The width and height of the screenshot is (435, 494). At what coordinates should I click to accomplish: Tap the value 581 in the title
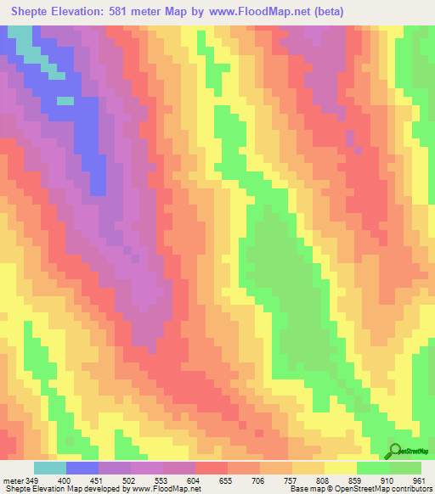coord(123,12)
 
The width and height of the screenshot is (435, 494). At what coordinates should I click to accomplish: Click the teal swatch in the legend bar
coord(50,469)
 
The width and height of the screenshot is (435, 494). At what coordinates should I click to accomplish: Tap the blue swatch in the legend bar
coord(82,469)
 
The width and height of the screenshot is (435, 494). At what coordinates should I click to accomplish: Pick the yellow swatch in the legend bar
coord(340,469)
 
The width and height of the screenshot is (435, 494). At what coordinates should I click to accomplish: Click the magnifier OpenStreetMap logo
coord(396,450)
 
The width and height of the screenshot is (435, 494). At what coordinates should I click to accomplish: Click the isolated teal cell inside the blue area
coord(65,100)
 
